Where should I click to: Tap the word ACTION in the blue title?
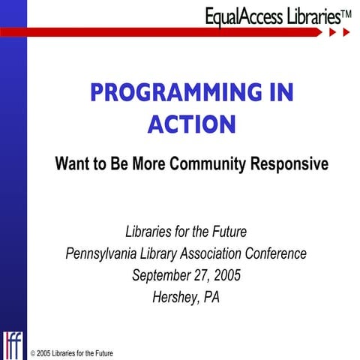click(x=191, y=124)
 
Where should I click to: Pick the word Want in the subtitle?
click(x=71, y=163)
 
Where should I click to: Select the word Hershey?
click(x=174, y=295)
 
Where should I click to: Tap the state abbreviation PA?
click(x=211, y=295)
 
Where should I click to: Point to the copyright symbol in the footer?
click(x=33, y=353)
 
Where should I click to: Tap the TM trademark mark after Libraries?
click(x=346, y=12)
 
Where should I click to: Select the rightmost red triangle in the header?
click(x=346, y=34)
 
